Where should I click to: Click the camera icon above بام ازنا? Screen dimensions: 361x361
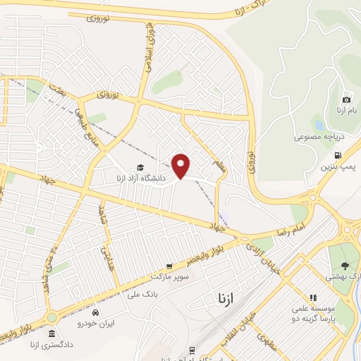pyautogui.click(x=346, y=100)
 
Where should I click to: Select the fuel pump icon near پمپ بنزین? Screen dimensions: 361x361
pyautogui.click(x=338, y=154)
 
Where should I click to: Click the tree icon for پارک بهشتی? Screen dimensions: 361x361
pyautogui.click(x=345, y=265)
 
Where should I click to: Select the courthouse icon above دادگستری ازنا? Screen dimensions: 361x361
pyautogui.click(x=51, y=335)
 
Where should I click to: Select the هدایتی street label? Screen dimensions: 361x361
pyautogui.click(x=106, y=250)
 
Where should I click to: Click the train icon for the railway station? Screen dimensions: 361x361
pyautogui.click(x=191, y=350)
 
